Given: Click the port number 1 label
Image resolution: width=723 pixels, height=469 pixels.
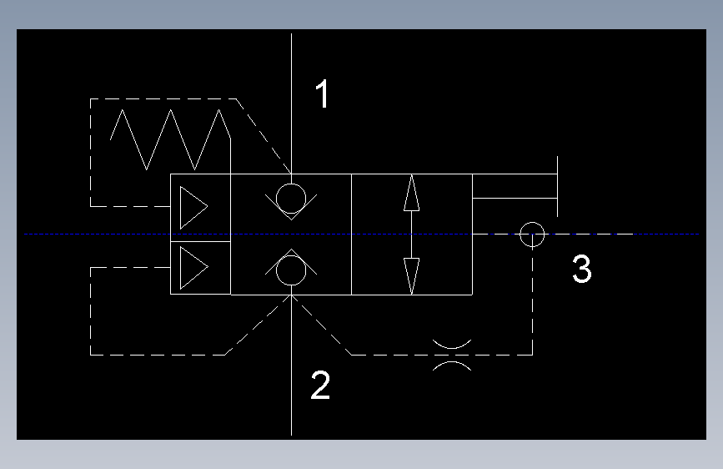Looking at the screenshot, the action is pos(323,93).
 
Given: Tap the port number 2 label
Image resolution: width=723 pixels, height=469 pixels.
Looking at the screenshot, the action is pos(320,385).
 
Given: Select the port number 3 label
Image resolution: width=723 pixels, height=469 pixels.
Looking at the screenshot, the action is pos(582,269).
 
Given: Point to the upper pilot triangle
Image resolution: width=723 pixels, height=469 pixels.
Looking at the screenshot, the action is pos(181,207).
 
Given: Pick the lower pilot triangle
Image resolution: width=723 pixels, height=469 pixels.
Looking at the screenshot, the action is pos(181,268).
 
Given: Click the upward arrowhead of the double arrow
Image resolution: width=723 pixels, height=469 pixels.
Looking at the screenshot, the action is pos(411,193).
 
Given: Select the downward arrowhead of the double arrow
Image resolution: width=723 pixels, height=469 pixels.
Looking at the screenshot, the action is pos(411,276).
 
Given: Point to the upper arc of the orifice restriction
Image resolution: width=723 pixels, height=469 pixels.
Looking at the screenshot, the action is pos(452,348).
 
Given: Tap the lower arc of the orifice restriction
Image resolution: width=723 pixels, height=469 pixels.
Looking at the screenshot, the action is pos(452,362).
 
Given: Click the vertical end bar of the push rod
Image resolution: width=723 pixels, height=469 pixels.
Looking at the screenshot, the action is pos(557,186).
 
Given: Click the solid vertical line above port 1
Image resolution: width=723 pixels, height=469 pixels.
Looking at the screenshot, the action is pos(291,103).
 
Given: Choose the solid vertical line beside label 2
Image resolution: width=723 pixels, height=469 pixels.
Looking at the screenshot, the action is pos(291,365).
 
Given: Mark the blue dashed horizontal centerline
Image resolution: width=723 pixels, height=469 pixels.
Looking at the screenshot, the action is pos(362,234).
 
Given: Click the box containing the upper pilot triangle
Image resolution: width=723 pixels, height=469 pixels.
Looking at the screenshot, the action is pos(171,208).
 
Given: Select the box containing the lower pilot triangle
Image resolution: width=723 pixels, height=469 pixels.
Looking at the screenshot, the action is pos(171,268).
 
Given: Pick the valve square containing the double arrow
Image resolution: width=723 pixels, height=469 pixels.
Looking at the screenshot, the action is pos(352,234).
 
